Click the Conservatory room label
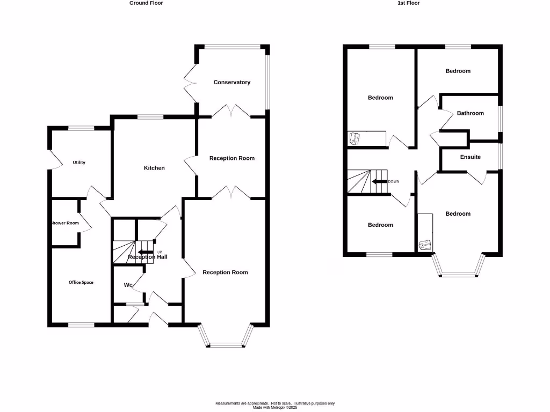(231, 82)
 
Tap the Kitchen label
(154, 168)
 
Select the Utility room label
(79, 163)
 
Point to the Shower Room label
(65, 223)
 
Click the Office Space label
(81, 282)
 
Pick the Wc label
(128, 285)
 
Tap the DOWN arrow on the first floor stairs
(380, 181)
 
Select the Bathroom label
(470, 113)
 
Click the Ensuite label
(470, 157)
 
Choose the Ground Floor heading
(146, 3)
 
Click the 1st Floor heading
(408, 3)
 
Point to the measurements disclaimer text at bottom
(275, 405)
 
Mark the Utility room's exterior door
(52, 160)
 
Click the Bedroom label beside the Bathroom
(458, 71)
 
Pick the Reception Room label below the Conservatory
(231, 158)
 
